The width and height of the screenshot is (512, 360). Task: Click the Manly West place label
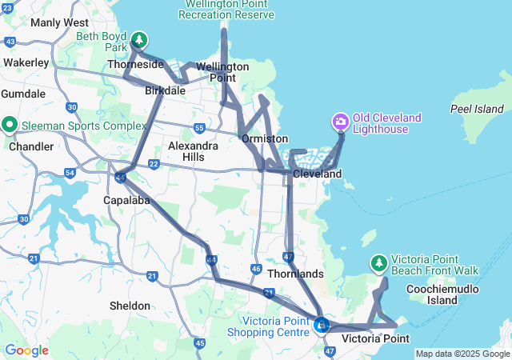point(59,22)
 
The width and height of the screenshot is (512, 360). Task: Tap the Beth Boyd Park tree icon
point(139,39)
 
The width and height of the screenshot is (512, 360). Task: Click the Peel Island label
point(477,109)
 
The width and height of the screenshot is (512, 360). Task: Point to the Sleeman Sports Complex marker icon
point(10,125)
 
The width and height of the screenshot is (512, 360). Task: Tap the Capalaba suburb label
point(126,200)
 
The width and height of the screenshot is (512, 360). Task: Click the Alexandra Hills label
point(193,151)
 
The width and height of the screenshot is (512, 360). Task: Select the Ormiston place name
point(265,138)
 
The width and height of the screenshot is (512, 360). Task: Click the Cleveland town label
point(317,174)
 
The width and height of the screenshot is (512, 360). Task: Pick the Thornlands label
point(296,274)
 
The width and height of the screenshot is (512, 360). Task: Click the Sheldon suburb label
point(130,306)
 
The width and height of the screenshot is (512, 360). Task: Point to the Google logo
point(26,350)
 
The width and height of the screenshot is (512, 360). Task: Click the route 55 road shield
point(199,127)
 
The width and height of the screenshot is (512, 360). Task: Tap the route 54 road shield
point(70,172)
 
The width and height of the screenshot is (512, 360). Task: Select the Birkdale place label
point(165,91)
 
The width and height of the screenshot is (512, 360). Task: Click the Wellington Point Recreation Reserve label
point(226,10)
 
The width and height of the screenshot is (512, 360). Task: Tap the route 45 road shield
point(199,343)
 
